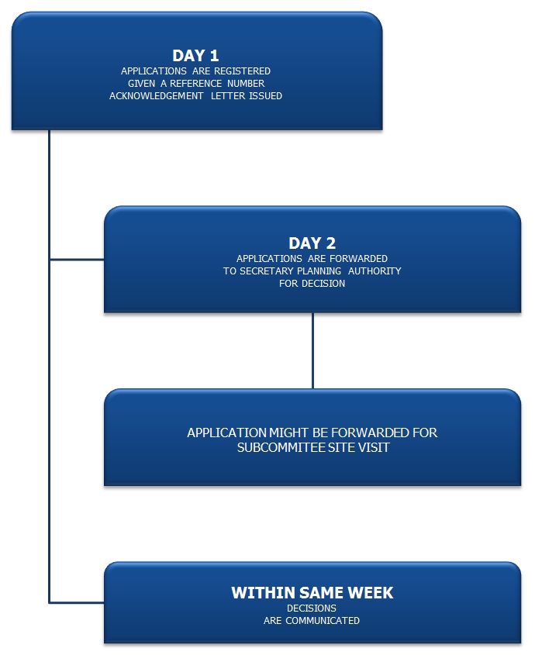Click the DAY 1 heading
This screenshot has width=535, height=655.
[195, 56]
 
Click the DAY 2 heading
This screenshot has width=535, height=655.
[312, 243]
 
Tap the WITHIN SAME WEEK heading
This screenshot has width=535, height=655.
[312, 593]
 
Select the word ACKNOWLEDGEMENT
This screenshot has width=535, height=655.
[157, 96]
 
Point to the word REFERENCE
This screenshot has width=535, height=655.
[195, 84]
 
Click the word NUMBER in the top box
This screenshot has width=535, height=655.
[246, 84]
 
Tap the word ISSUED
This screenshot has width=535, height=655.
[265, 96]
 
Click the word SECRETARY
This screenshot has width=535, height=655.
[267, 271]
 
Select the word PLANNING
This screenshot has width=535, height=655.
[319, 271]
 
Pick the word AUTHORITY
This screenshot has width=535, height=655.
[374, 271]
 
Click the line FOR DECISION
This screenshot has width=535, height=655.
[312, 284]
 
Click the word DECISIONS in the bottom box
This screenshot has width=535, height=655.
[312, 608]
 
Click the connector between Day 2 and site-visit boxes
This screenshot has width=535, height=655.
[312, 350]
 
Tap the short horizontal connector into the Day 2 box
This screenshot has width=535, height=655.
[77, 260]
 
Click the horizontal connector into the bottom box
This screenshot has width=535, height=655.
[77, 603]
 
